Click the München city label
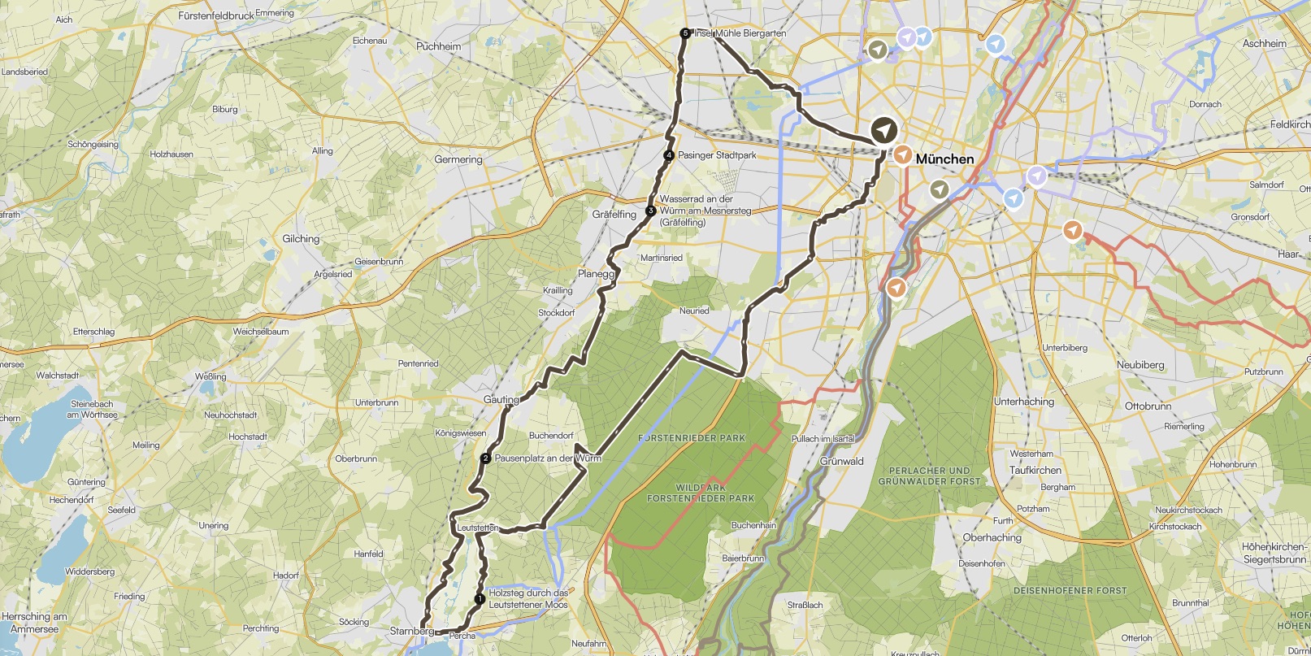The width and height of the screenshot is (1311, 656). coord(944,159)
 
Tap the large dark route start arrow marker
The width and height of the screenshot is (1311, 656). coord(883,130)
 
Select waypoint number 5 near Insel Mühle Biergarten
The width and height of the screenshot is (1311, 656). coord(685,33)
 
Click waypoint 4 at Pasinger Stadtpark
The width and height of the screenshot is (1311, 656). coord(669,155)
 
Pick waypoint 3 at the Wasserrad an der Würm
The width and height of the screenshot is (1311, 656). coord(650,211)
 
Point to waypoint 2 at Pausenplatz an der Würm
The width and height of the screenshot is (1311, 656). coord(485,458)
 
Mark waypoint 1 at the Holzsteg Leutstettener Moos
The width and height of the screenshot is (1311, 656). coord(480,599)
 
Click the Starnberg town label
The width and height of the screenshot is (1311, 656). coord(411,631)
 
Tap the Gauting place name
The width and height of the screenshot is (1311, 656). coord(501,400)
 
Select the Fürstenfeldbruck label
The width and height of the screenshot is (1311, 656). coord(216,15)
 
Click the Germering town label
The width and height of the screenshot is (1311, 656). coord(458,159)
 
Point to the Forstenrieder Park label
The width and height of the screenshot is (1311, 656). coord(692,438)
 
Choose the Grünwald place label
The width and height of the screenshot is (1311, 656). coord(842,461)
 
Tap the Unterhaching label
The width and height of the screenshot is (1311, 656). coord(1023,402)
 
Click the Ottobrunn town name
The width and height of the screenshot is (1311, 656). coord(1148,406)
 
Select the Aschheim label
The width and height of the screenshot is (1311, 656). coord(1264,44)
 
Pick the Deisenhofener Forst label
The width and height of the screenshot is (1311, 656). coord(1070,591)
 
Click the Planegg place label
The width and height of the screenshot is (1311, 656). coord(596,274)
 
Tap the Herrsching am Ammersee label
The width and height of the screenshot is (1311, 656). coord(34,623)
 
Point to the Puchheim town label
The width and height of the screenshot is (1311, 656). coord(438,46)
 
